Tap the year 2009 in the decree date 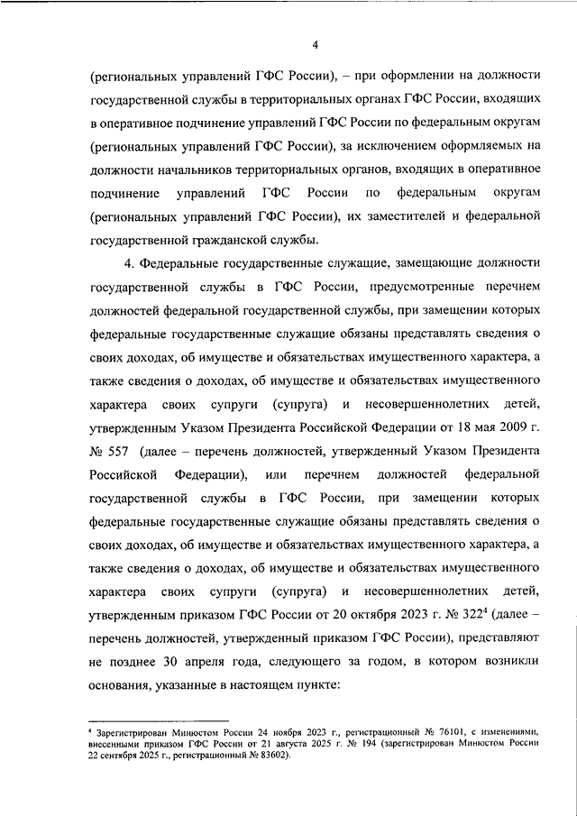(x=510, y=426)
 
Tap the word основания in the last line (x=123, y=684)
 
